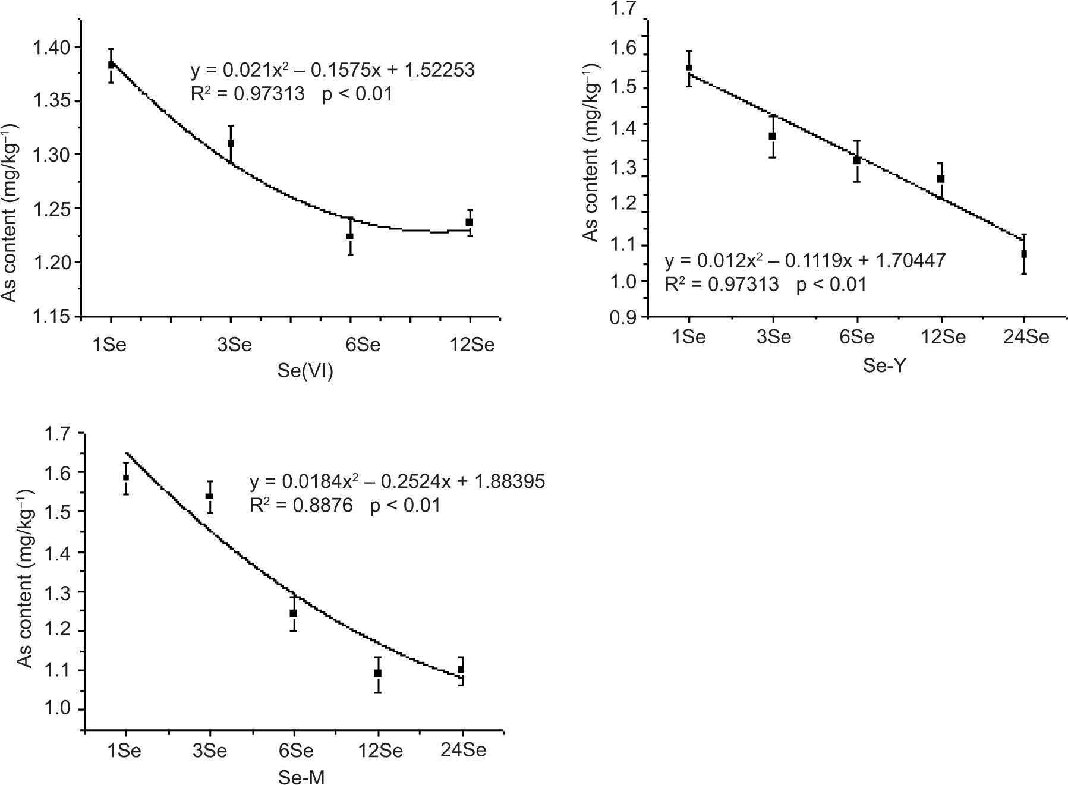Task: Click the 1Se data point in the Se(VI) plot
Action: pos(111,64)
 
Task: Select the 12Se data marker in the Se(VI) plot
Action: pos(470,222)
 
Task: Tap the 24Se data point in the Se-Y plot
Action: pos(1024,254)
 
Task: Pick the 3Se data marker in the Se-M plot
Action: pos(209,496)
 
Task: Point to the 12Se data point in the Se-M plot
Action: pos(377,673)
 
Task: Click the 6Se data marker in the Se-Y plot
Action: pos(856,160)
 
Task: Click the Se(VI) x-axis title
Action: pos(305,371)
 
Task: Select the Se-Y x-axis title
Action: pos(884,365)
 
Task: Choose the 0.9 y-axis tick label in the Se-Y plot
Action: pos(623,318)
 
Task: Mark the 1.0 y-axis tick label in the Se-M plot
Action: pos(57,710)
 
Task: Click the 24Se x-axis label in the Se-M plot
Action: pos(463,750)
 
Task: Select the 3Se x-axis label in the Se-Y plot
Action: pos(773,338)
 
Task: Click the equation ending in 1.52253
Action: pos(332,70)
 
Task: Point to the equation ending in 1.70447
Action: pos(805,260)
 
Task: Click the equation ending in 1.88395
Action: pos(397,481)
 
